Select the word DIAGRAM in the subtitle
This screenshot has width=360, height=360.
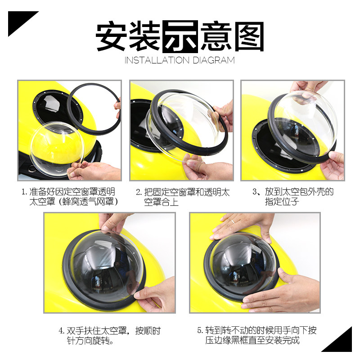[214, 60]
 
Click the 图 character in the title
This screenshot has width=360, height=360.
[249, 36]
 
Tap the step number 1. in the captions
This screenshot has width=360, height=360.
[24, 192]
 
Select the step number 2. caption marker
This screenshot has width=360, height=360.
[139, 193]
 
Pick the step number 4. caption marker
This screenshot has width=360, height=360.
[61, 331]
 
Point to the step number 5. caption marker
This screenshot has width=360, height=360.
[200, 331]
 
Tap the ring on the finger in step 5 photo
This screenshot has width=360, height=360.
[233, 221]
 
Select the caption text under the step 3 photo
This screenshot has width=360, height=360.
[293, 197]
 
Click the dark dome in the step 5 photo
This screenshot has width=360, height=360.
[243, 264]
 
